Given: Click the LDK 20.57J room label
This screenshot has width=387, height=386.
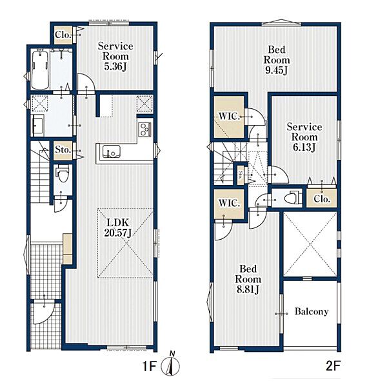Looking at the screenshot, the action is click(x=117, y=227).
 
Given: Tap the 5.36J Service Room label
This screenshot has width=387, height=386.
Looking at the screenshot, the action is click(x=115, y=56).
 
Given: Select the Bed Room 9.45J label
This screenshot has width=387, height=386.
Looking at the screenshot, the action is click(x=277, y=60).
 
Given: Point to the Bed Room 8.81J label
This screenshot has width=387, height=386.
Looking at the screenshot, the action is click(x=248, y=279).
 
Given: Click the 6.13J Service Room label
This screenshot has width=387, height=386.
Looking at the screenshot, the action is click(x=304, y=137).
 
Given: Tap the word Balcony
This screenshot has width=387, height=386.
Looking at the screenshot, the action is click(x=312, y=312).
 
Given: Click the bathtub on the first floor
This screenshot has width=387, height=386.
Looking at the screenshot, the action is click(x=40, y=70).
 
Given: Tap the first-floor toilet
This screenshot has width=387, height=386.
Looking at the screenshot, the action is click(x=62, y=174).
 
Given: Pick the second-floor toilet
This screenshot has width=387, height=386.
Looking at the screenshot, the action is click(x=292, y=197).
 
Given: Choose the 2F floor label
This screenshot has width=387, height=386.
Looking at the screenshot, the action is click(x=333, y=366).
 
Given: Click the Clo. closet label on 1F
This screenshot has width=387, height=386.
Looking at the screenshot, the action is click(x=63, y=35).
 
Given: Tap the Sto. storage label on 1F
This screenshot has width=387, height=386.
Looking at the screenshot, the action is click(x=63, y=150).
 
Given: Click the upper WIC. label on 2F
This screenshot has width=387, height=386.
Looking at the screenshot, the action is click(x=229, y=116).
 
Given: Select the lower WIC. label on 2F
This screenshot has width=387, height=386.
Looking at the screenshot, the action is click(x=229, y=203).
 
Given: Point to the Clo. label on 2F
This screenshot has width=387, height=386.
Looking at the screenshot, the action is click(x=322, y=198).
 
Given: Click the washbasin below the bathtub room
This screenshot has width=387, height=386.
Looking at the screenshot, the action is click(x=37, y=126).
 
